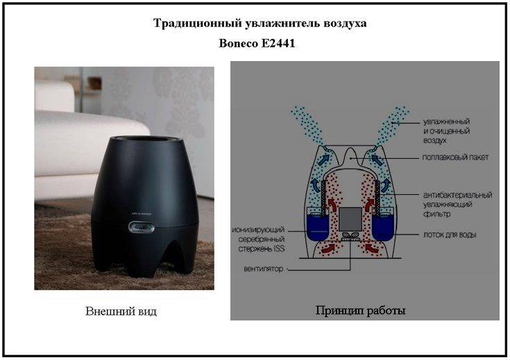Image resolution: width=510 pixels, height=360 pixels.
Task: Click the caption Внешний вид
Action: pos(121,311)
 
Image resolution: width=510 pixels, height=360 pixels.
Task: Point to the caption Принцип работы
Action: pos(361,311)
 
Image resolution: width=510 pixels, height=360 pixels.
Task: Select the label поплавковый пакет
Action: pos(455,157)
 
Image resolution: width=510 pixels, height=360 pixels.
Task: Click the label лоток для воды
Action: pos(450,235)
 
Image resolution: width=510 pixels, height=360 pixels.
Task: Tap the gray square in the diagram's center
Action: pos(353,218)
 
